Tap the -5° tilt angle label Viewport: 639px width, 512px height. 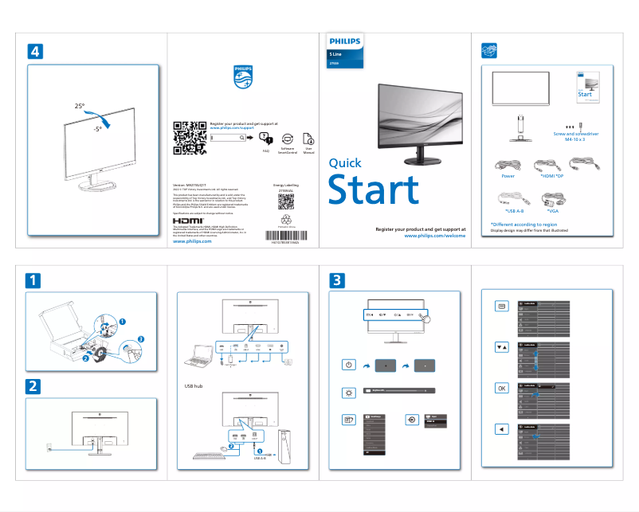pos(97,128)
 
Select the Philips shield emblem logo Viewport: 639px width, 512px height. pos(242,80)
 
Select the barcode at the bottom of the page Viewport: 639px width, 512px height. pos(282,242)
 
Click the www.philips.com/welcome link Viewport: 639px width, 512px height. pos(435,236)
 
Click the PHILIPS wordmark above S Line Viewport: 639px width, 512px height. pos(344,41)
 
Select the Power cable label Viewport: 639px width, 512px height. pos(508,178)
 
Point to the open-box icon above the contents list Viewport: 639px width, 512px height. pos(491,51)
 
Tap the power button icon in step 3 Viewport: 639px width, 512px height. pos(348,365)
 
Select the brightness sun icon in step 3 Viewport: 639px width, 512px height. pos(348,393)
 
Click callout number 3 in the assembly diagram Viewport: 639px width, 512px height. pos(140,340)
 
